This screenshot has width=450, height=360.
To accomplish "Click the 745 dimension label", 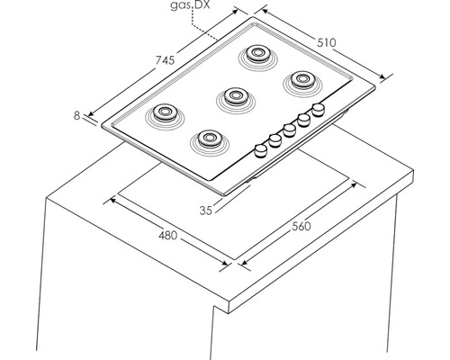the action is point(165,60).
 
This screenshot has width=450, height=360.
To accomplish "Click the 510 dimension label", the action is point(327,43).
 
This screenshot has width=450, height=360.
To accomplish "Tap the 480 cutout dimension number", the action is point(168,236).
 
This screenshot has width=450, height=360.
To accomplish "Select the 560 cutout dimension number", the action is point(301,226).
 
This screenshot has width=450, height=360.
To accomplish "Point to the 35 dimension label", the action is point(206,211).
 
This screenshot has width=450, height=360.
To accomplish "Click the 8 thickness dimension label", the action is point(77,115).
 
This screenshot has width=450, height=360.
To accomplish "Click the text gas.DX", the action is point(190,5).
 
